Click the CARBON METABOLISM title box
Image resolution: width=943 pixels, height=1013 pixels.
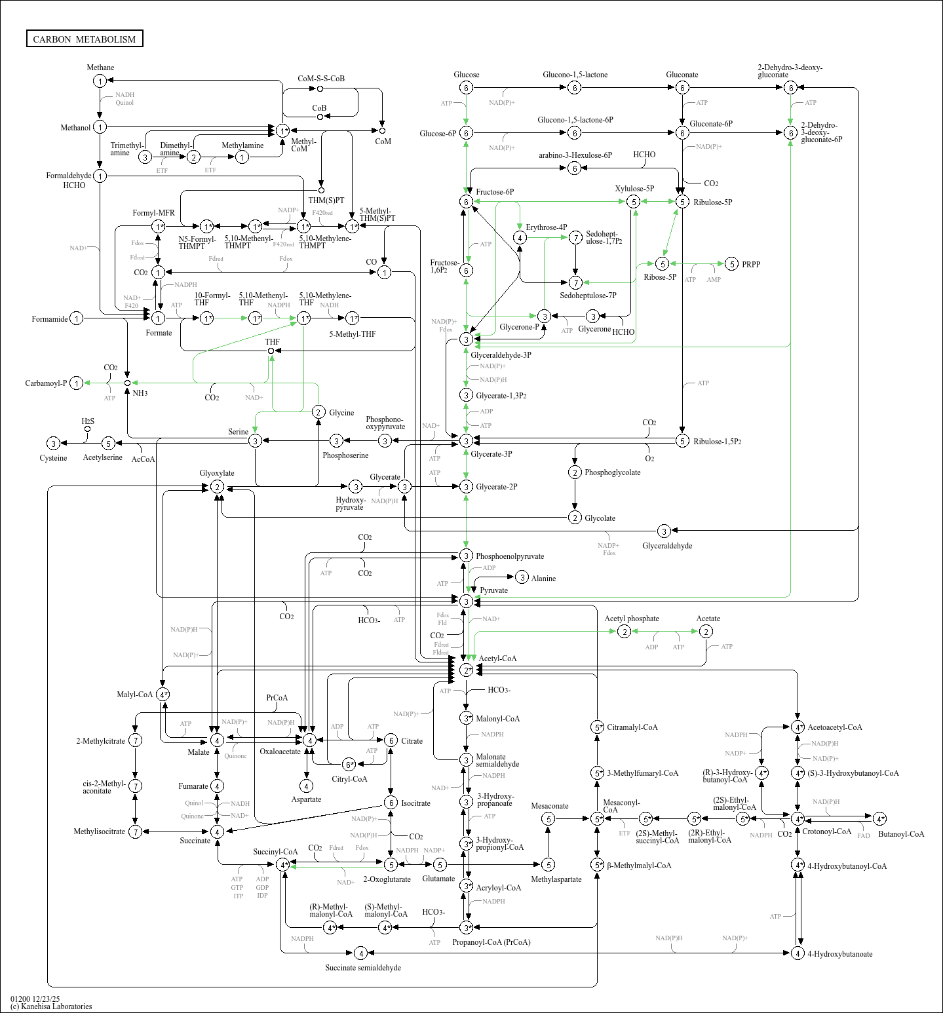[x=85, y=39]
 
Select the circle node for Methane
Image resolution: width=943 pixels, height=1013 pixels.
[x=100, y=81]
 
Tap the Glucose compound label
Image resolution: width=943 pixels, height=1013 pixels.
[x=466, y=75]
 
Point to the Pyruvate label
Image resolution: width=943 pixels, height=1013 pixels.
[x=493, y=590]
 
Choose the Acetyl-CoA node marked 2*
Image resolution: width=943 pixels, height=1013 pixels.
[x=466, y=670]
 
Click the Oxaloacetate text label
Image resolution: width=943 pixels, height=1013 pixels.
[x=280, y=752]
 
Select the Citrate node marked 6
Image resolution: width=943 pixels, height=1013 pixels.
[x=391, y=740]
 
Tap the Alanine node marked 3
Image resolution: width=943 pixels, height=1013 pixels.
[x=522, y=577]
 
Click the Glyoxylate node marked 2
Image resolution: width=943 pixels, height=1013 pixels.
[x=217, y=487]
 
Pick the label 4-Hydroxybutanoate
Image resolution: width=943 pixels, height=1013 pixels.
[x=839, y=954]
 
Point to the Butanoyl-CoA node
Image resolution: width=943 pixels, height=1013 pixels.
[x=880, y=818]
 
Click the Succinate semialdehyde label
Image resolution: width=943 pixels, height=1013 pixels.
[x=363, y=968]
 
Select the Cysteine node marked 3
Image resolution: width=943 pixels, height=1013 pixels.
[x=54, y=444]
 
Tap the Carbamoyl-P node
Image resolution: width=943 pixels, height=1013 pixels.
[x=77, y=383]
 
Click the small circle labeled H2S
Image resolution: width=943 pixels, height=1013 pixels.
[x=87, y=429]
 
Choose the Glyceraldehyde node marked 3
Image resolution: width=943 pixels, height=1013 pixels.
[x=664, y=531]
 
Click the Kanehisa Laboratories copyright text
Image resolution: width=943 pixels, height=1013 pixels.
[x=51, y=1006]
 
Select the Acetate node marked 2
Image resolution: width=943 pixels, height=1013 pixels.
[x=706, y=631]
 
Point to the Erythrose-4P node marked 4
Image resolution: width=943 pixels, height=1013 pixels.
[x=520, y=237]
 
